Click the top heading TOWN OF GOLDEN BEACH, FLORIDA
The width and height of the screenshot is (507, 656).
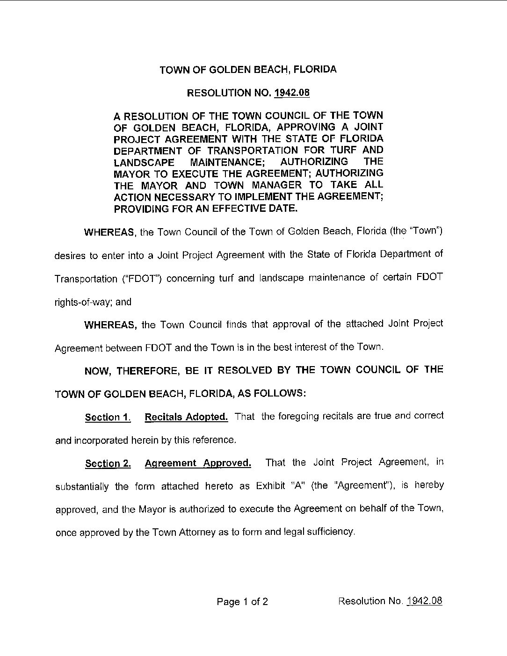click(248, 70)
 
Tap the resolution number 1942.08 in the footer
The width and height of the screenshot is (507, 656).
click(424, 601)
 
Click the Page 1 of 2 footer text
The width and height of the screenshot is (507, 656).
click(242, 602)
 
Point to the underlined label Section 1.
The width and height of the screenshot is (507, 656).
click(108, 418)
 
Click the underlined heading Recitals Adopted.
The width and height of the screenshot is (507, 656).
click(186, 417)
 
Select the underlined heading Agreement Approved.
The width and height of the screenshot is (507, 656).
click(198, 463)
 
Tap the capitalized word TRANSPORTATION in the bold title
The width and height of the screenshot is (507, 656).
click(253, 150)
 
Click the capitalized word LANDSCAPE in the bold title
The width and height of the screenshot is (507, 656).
click(145, 162)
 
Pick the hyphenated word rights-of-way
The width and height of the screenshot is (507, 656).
click(84, 302)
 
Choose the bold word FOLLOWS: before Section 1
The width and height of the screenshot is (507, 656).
click(282, 393)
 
